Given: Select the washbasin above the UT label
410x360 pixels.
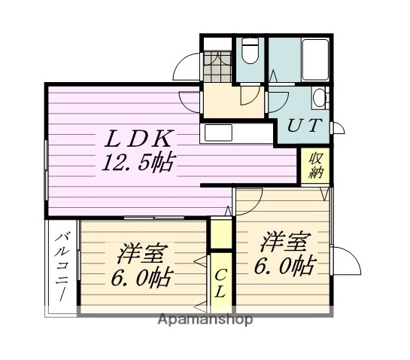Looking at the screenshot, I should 319,99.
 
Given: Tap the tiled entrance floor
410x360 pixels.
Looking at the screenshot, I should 217,67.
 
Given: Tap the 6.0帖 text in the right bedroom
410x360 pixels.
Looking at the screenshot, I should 284,265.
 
